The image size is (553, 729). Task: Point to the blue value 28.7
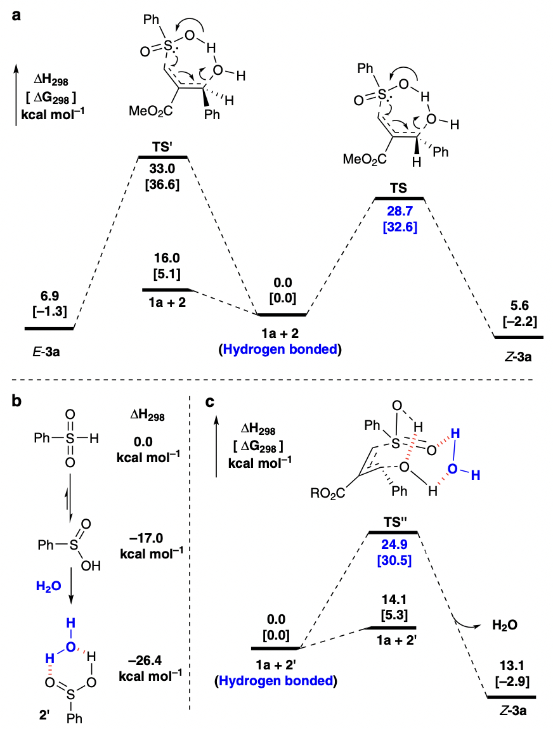400,209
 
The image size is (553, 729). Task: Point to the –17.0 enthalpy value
147,538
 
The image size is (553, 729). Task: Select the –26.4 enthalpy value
147,659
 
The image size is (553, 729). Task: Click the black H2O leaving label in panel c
504,624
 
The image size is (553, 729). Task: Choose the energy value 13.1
510,669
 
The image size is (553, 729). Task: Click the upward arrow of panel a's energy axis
16,95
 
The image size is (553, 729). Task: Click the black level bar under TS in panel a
400,198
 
